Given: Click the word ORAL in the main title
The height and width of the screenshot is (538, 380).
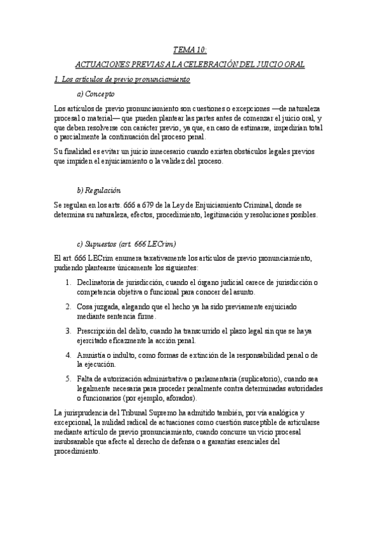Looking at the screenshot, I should tap(293, 65).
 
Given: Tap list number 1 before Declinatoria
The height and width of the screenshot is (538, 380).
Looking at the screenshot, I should tap(68, 282).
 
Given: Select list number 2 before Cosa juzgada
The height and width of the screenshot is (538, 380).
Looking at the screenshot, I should tap(68, 306).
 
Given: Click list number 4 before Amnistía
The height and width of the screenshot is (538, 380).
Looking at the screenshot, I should tap(68, 355).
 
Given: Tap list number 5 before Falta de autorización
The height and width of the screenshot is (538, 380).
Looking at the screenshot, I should tap(68, 379).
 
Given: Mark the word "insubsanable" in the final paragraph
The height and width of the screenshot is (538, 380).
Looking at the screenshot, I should tap(74, 442).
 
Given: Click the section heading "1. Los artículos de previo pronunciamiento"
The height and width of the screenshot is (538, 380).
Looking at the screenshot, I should tap(122, 80).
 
